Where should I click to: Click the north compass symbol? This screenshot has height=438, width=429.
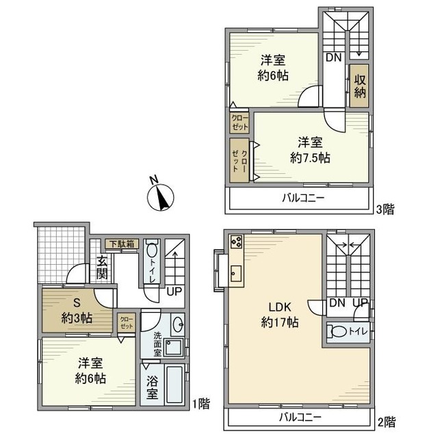(161, 196)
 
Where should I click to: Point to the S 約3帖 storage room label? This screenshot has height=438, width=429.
(75, 309)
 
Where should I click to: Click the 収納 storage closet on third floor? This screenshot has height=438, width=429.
(359, 86)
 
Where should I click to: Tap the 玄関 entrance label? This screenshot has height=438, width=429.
(102, 267)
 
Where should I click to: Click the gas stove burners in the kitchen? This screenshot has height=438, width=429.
(236, 242)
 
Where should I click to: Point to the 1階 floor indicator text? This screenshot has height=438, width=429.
(201, 404)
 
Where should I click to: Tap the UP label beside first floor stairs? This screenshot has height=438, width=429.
(174, 291)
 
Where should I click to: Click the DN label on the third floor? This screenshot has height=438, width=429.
(333, 58)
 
